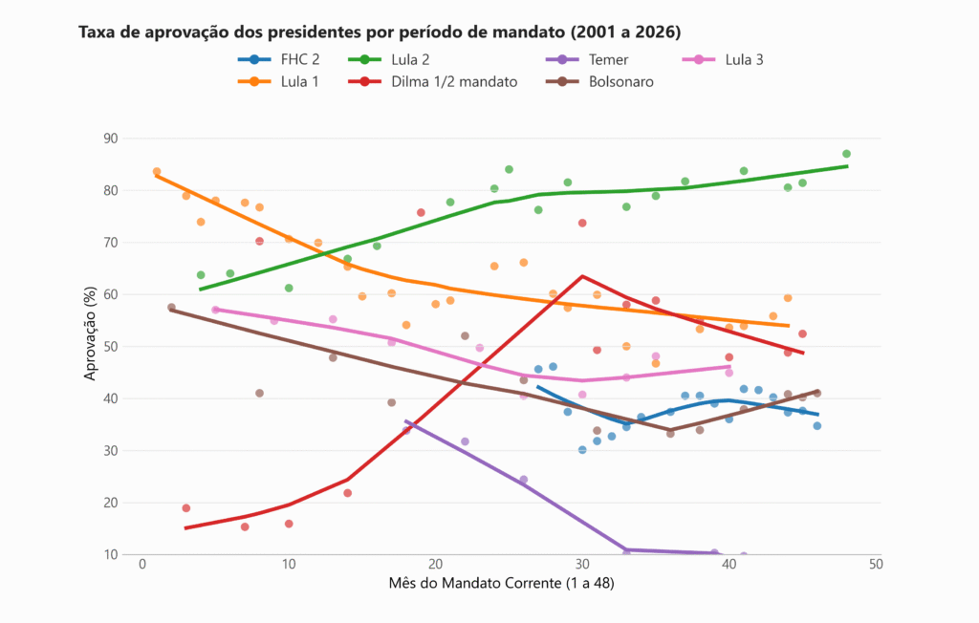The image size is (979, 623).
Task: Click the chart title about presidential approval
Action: (x=380, y=32)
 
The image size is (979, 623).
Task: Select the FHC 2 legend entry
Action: (x=286, y=59)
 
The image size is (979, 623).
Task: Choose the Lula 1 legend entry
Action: (x=286, y=82)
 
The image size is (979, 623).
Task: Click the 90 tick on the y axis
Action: (x=111, y=139)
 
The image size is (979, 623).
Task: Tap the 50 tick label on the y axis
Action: (x=111, y=347)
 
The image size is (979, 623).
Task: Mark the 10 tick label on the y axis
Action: (x=111, y=554)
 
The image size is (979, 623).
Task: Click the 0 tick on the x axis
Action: (x=141, y=565)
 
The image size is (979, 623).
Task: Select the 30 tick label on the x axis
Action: (x=582, y=565)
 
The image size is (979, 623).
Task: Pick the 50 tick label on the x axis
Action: (x=876, y=565)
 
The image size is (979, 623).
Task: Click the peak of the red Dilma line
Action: (x=582, y=276)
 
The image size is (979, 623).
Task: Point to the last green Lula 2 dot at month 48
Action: (x=846, y=154)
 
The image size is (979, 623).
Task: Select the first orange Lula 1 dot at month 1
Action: (x=157, y=172)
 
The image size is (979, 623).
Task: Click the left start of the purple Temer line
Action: (x=406, y=420)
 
